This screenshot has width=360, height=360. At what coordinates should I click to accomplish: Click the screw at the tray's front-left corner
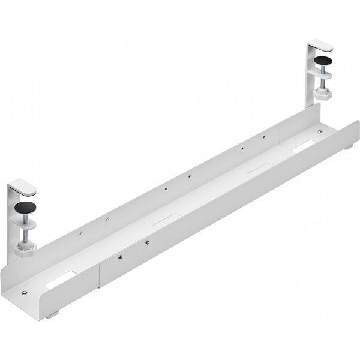pyautogui.click(x=23, y=292)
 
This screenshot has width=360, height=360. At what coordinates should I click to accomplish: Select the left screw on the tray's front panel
pyautogui.click(x=121, y=257)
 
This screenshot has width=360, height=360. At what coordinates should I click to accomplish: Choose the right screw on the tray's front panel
pyautogui.click(x=146, y=243)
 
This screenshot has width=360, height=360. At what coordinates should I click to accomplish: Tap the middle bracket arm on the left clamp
pyautogui.click(x=25, y=221)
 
